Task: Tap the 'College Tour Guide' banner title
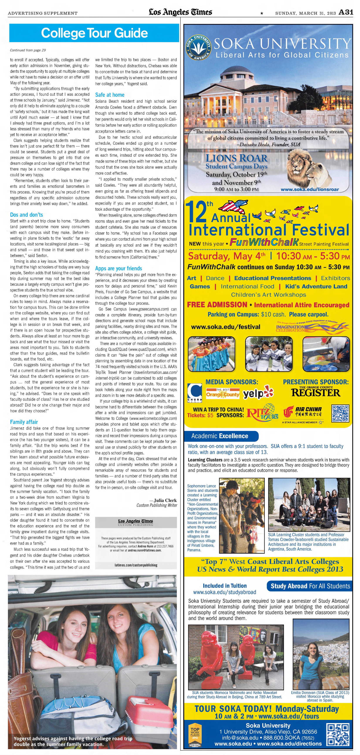coord(94,33)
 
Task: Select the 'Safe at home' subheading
coord(110,95)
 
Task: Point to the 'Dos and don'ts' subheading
coord(26,215)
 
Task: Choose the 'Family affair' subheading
coord(24,422)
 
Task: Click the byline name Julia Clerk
coord(165,500)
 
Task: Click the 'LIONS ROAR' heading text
coord(236,158)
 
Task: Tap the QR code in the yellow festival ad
coord(340,413)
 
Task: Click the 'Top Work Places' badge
coord(195,736)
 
